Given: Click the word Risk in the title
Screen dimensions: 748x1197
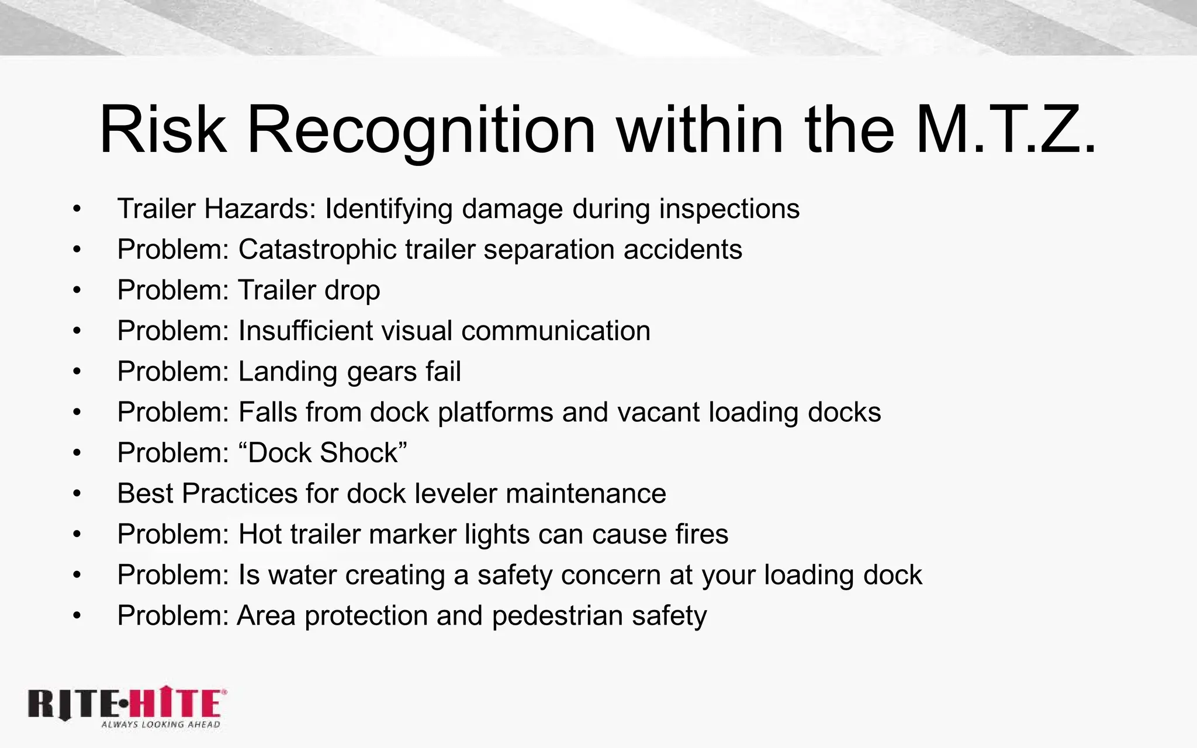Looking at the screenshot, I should coord(162,130).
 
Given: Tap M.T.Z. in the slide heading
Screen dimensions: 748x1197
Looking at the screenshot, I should coord(1006,130).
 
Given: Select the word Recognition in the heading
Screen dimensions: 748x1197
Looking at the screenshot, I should coord(421,130).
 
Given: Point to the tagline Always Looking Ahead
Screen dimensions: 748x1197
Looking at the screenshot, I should coord(161,725).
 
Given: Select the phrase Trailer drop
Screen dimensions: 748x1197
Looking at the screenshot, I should coord(309,290).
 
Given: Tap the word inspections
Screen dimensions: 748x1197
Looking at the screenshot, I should coord(729,209).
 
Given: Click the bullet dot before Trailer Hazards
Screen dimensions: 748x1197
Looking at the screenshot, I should coord(77,209).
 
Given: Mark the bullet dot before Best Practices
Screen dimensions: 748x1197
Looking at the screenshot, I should coord(77,494).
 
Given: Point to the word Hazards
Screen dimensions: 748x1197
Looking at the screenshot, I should coord(260,209).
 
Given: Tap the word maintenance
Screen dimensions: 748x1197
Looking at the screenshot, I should coord(586,494).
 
